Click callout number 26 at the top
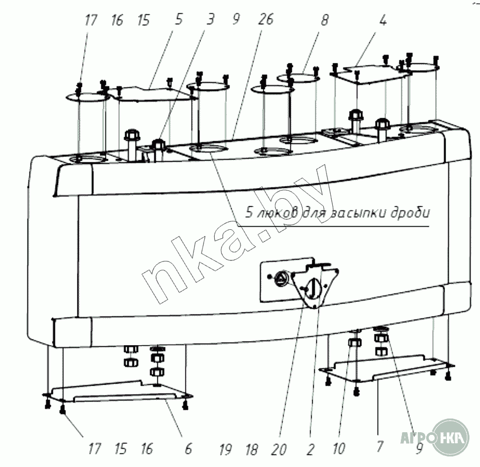click(x=266, y=21)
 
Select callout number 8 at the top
click(x=324, y=21)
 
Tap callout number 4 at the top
click(x=383, y=21)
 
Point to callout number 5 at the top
click(x=179, y=21)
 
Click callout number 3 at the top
click(x=210, y=21)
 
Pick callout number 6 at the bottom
click(x=188, y=449)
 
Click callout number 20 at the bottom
click(x=280, y=449)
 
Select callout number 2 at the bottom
click(x=310, y=449)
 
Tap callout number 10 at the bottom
click(x=339, y=449)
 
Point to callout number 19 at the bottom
click(x=225, y=449)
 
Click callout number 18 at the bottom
click(x=252, y=449)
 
